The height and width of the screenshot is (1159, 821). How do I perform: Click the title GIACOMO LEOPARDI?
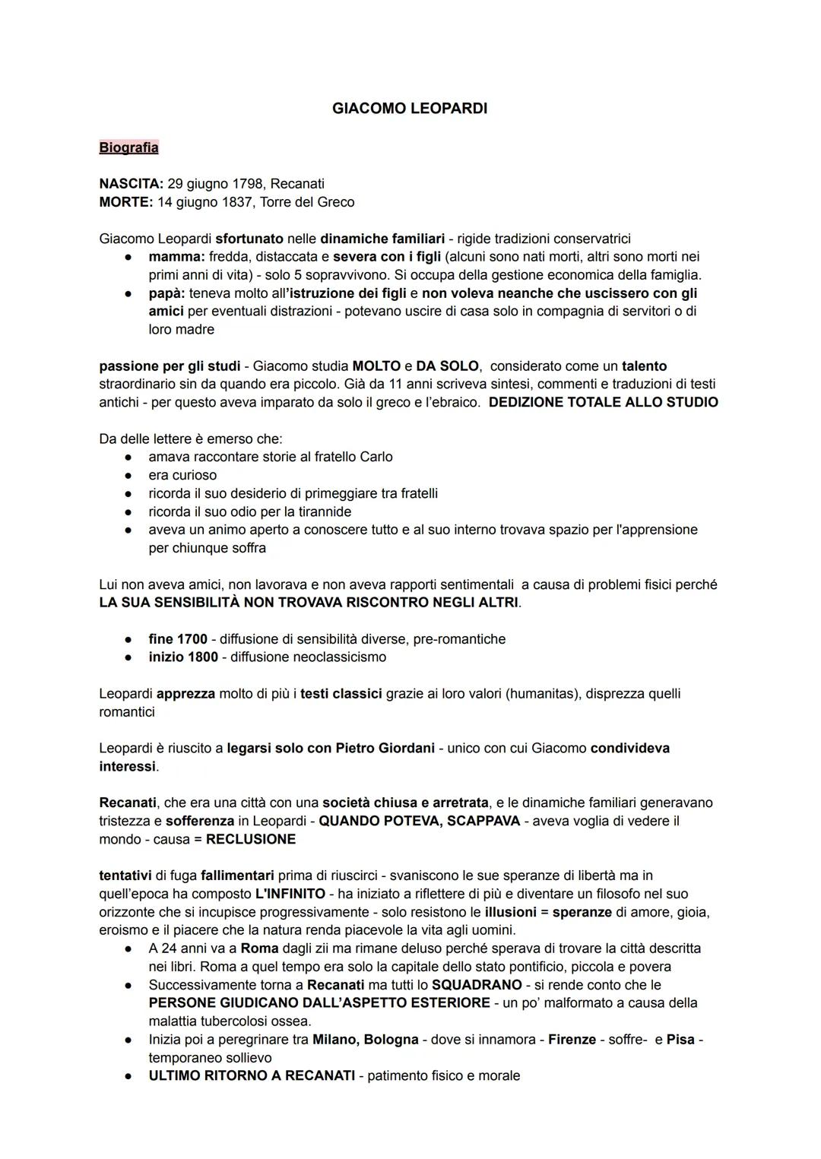coord(410,109)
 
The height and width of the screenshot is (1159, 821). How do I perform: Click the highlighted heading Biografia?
coord(128,147)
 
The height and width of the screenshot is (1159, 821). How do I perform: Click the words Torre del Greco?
coord(307,202)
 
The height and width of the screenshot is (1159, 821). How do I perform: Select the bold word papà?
coord(166,293)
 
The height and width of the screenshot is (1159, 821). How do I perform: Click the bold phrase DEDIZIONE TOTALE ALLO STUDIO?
coord(603,402)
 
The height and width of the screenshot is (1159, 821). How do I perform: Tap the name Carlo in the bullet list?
coord(376,457)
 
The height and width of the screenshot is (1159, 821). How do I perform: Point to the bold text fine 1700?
coord(178,639)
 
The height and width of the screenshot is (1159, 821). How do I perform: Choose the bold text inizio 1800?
coord(183,657)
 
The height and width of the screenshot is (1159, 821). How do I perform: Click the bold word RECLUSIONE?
coord(251,840)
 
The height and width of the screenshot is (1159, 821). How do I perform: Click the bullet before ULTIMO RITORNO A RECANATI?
coord(131,1076)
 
